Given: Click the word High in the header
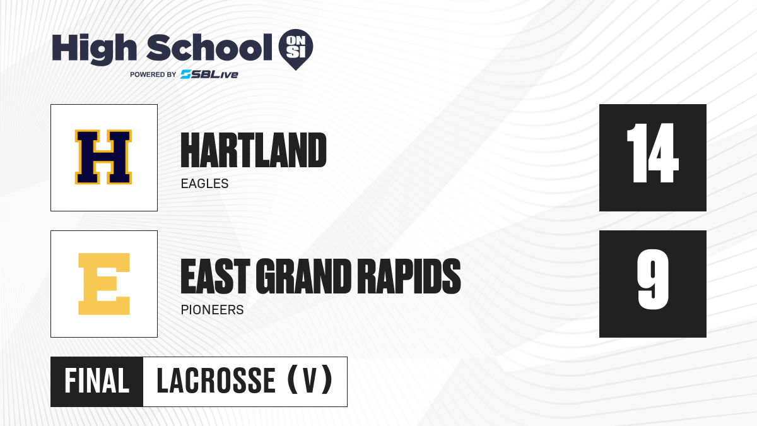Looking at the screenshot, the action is click(94, 49).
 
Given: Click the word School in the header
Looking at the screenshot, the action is click(209, 47).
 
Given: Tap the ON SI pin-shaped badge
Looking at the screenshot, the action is click(296, 49).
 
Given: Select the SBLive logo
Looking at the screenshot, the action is click(209, 74).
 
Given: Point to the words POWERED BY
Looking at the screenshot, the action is click(153, 74).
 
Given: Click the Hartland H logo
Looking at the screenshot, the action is click(103, 157).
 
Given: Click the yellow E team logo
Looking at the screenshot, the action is click(104, 284).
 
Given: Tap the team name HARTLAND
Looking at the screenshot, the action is click(254, 150).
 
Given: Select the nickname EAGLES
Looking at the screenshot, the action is click(205, 184).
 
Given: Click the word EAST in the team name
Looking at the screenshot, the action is click(215, 276).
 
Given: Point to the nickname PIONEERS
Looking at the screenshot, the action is click(212, 310).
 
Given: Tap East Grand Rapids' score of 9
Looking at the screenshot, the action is click(653, 279).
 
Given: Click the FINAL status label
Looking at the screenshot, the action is click(97, 381).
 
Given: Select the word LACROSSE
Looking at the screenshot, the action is click(216, 381).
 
